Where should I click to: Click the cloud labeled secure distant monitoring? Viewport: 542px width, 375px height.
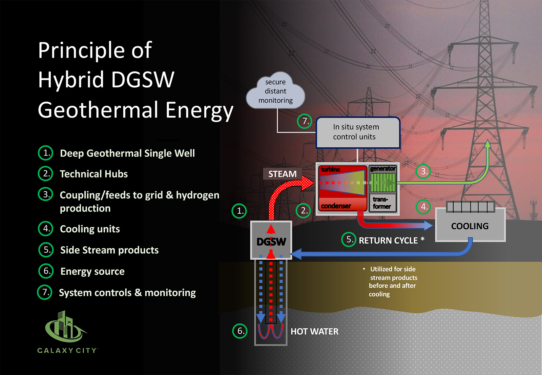tap(275, 91)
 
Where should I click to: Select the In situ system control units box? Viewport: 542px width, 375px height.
tap(358, 132)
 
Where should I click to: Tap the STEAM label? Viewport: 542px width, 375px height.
tap(282, 174)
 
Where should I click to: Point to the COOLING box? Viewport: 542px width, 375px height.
tap(470, 226)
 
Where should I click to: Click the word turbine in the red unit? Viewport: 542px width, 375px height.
tap(330, 169)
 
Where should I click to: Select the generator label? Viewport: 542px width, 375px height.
tap(382, 169)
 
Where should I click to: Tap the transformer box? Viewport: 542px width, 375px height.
tap(382, 203)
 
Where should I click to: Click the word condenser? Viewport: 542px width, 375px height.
tap(336, 206)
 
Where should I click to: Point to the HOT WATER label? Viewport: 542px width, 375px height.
tap(314, 331)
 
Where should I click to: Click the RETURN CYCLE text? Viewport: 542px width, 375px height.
tap(388, 241)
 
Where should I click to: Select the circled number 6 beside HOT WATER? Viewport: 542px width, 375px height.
tap(240, 331)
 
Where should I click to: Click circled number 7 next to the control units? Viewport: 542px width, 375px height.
tap(305, 121)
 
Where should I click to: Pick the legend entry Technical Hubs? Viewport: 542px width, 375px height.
tap(93, 174)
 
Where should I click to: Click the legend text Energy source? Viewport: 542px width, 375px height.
tap(92, 271)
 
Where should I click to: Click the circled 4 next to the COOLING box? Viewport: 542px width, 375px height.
tap(423, 207)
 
